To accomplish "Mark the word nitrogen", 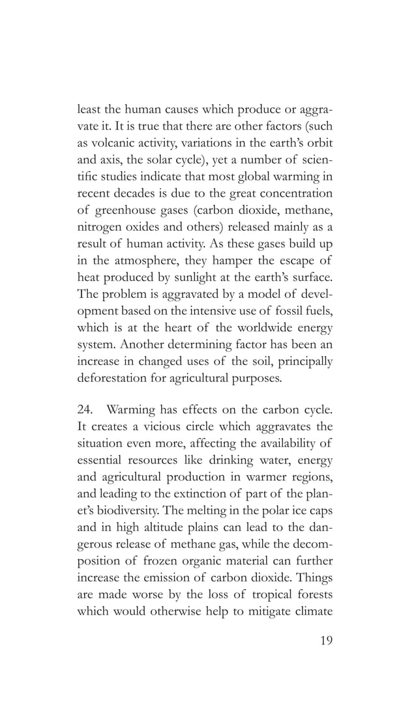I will click(x=97, y=228).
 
